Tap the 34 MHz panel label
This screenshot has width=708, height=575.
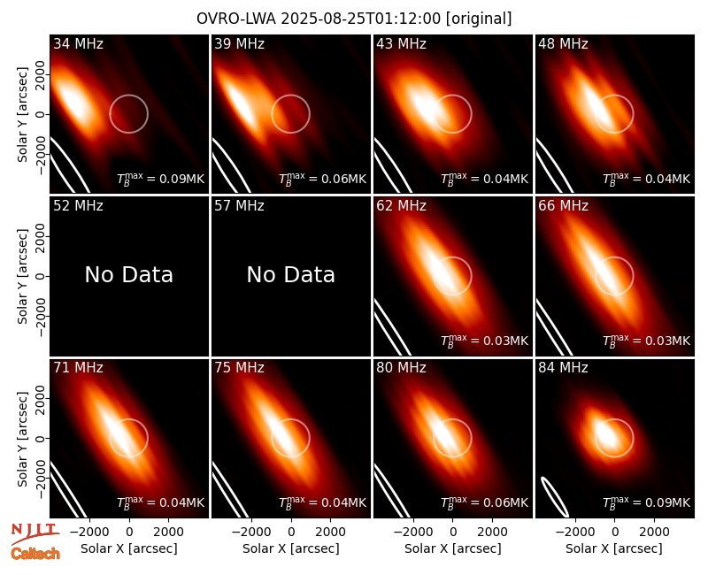78,43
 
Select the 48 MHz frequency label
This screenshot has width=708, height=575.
563,43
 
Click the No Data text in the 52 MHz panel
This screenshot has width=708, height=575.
129,275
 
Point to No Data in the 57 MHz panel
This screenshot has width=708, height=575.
291,275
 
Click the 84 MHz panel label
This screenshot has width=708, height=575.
563,368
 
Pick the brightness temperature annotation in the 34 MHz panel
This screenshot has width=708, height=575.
161,179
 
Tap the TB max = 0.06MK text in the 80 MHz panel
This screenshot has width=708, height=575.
484,502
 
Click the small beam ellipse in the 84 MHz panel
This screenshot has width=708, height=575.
555,496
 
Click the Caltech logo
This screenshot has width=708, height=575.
35,554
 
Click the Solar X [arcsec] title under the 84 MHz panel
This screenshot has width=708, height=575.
614,548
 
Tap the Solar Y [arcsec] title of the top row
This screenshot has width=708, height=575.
22,115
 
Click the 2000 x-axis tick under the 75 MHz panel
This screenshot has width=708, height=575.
330,532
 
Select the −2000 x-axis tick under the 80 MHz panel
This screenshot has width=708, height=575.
410,532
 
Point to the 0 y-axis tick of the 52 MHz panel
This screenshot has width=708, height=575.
40,276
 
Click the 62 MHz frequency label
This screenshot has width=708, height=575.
402,206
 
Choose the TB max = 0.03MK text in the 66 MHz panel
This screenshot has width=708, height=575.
647,341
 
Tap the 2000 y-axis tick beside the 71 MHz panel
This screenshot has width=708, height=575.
40,399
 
